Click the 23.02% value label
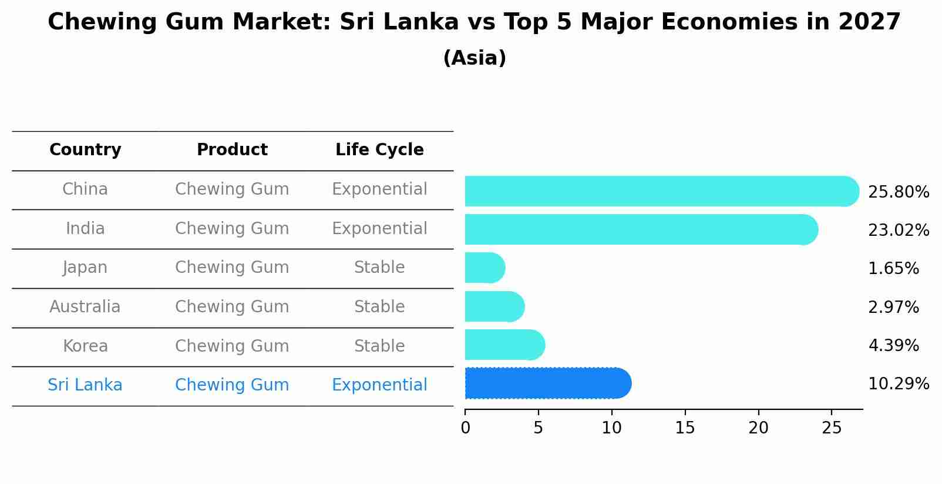[899, 231]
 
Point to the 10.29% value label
[899, 384]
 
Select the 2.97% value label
[893, 308]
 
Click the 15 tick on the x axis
[685, 428]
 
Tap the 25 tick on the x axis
[832, 428]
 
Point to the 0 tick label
[465, 428]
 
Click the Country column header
[85, 150]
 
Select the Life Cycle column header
[379, 150]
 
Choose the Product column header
[232, 150]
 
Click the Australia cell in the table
[85, 307]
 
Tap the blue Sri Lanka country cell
[85, 385]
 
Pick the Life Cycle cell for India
[379, 229]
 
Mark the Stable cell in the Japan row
[379, 268]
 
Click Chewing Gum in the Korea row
[232, 346]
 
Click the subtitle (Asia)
[475, 58]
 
